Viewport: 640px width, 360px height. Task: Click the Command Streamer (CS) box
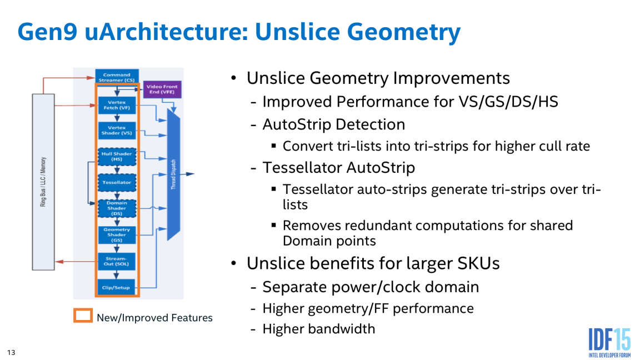(117, 77)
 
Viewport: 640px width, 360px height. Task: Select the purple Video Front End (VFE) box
(162, 89)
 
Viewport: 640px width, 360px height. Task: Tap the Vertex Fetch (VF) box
(117, 104)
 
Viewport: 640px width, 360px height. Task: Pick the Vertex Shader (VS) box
(117, 131)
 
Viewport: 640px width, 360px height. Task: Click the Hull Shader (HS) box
(117, 156)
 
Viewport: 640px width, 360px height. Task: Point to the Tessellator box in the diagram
(117, 182)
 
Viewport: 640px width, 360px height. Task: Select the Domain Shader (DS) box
(117, 208)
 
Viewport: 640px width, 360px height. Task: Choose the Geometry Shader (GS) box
(117, 234)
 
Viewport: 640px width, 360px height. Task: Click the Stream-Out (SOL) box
(117, 261)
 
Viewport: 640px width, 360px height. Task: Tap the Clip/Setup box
(117, 287)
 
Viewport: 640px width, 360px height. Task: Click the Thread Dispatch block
(174, 174)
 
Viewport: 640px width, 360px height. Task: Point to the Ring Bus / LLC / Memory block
(43, 182)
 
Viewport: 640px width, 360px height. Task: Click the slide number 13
(11, 352)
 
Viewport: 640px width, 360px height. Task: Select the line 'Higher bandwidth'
(318, 329)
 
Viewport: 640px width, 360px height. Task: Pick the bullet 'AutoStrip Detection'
(333, 124)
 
